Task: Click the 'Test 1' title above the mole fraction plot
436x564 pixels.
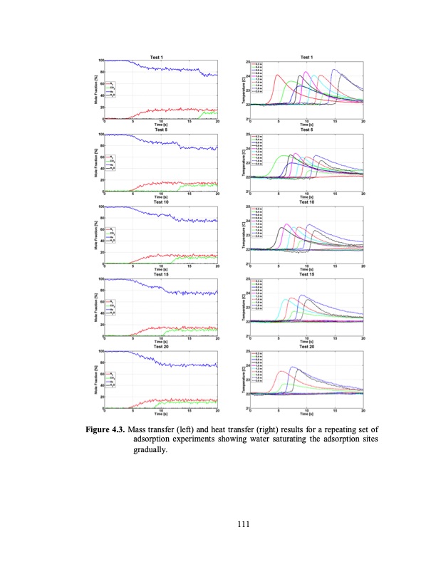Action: click(161, 56)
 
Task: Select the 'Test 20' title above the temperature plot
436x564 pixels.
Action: click(306, 347)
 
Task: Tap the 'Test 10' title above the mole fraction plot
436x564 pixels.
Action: click(161, 202)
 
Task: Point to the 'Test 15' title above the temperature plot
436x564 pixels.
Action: click(306, 274)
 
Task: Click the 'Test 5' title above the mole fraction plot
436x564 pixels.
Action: click(161, 130)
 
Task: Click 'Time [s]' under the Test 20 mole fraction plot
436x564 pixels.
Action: click(161, 414)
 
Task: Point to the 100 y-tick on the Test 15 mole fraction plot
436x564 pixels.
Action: click(100, 279)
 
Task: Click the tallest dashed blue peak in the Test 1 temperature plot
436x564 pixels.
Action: click(333, 70)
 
